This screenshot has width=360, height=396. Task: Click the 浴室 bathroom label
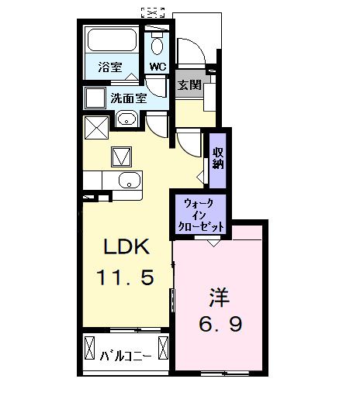coord(109,67)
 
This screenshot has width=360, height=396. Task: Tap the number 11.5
coord(126,277)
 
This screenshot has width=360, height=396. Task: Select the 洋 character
coord(219,296)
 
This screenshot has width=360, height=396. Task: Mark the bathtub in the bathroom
coord(110,41)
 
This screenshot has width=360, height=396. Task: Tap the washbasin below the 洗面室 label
coord(127,120)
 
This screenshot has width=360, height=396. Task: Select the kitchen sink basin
coord(127,183)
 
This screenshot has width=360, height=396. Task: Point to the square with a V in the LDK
coord(122,157)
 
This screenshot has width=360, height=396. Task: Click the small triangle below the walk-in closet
coord(209,241)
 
